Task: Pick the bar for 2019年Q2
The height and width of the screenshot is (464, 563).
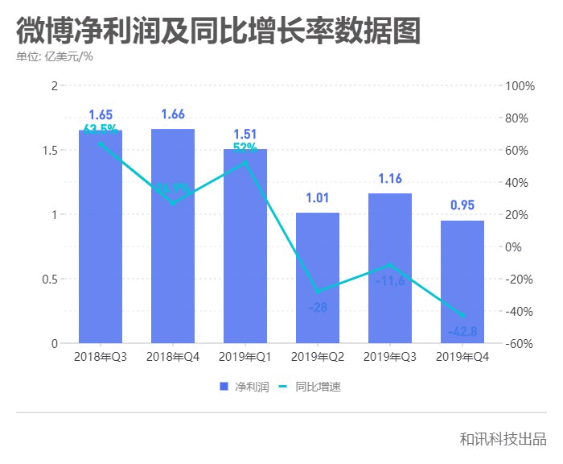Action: click(x=318, y=278)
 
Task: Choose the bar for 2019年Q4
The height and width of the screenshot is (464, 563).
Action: click(x=462, y=282)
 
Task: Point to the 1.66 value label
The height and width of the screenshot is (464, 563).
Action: click(x=173, y=114)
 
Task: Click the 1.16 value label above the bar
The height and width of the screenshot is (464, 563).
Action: click(x=390, y=179)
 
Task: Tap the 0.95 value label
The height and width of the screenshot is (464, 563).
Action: click(x=462, y=205)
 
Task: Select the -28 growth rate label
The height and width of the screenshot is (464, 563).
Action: click(x=318, y=308)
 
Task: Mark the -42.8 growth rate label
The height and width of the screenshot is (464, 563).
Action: click(x=462, y=331)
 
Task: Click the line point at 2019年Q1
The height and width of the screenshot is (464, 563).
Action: click(x=245, y=163)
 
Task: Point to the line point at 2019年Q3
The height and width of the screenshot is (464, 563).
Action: click(x=390, y=265)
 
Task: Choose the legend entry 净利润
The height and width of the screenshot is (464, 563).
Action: click(x=245, y=387)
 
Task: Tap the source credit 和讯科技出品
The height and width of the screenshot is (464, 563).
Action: click(x=503, y=439)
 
